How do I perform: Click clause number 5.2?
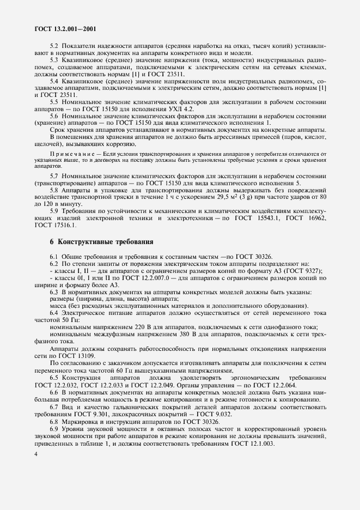coord(55,46)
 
